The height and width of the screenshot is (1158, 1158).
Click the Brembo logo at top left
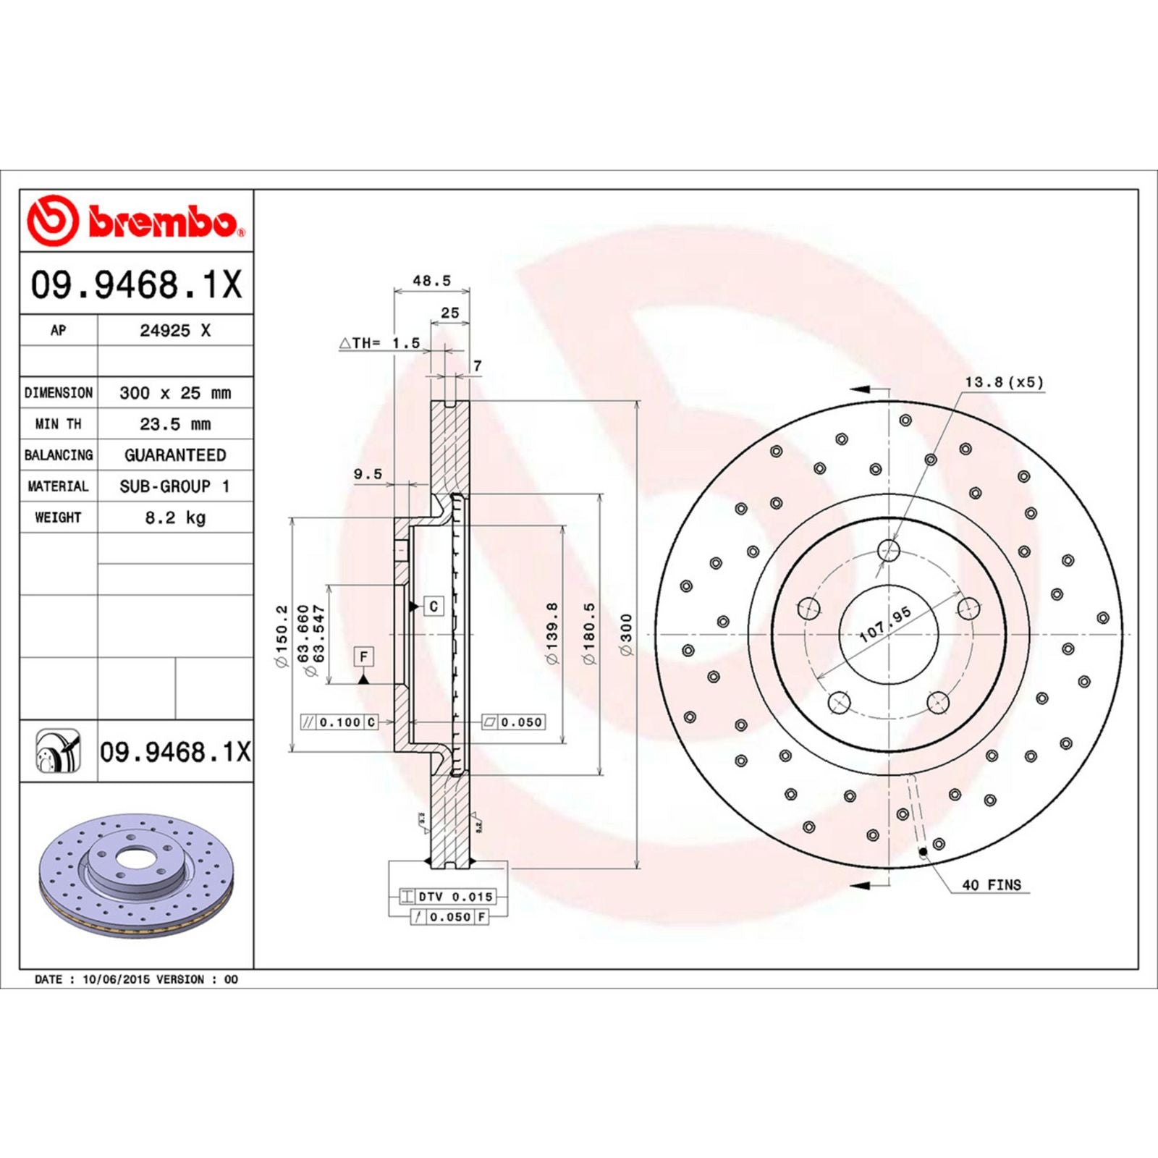coord(136,220)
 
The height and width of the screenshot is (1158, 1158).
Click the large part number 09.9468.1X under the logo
coord(136,284)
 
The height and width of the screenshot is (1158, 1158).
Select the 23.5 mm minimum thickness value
coord(175,424)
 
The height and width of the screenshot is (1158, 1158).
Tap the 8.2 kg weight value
coord(175,517)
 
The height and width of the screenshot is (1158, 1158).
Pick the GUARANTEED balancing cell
coord(175,455)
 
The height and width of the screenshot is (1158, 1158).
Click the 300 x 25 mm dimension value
coord(175,393)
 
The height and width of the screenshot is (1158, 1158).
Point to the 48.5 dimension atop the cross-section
coord(431,281)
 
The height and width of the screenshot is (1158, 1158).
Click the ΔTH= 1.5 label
coord(380,343)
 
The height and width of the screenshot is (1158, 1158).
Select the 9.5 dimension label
coord(368,475)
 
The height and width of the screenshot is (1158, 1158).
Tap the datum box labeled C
coord(434,607)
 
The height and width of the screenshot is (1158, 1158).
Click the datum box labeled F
coord(363,656)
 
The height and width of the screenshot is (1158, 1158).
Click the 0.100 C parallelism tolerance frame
coord(339,722)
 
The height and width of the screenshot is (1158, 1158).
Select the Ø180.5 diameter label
coord(588,633)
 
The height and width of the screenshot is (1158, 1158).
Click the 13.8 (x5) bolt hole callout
coord(1004,382)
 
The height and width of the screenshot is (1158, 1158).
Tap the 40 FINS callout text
coord(991,885)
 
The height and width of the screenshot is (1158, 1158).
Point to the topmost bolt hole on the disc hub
coord(889,551)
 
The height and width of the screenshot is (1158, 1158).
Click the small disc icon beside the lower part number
coord(58,751)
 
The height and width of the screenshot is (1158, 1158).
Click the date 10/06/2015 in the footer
coord(117,979)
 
